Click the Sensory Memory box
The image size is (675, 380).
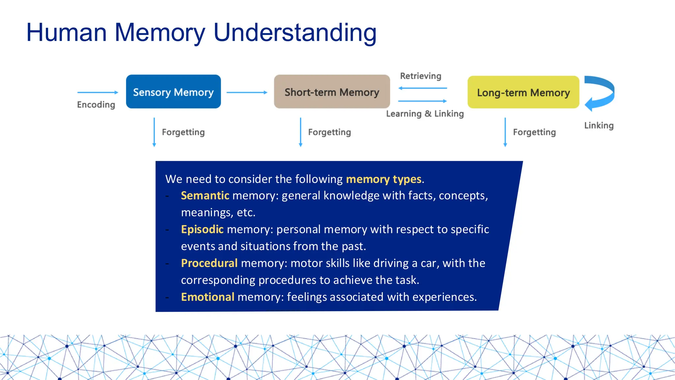(173, 92)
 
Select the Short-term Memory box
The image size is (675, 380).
(332, 92)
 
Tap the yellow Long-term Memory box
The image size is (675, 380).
(523, 92)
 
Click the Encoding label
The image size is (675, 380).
(96, 105)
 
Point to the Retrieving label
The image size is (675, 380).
(421, 76)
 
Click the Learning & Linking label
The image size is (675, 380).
(425, 113)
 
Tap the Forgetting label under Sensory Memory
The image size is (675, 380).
(183, 132)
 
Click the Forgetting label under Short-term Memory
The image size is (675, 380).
(329, 132)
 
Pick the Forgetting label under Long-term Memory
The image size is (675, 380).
(534, 132)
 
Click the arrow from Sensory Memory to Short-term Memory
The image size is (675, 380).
(247, 92)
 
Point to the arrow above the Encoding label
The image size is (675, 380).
(98, 92)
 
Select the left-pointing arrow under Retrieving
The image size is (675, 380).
(423, 88)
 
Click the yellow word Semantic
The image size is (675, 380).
(205, 196)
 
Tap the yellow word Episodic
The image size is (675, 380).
(202, 229)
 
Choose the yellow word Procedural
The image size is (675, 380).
(209, 263)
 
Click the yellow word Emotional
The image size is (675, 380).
(208, 297)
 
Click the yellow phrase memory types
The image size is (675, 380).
(384, 179)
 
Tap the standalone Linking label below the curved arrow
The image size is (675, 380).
(599, 125)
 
